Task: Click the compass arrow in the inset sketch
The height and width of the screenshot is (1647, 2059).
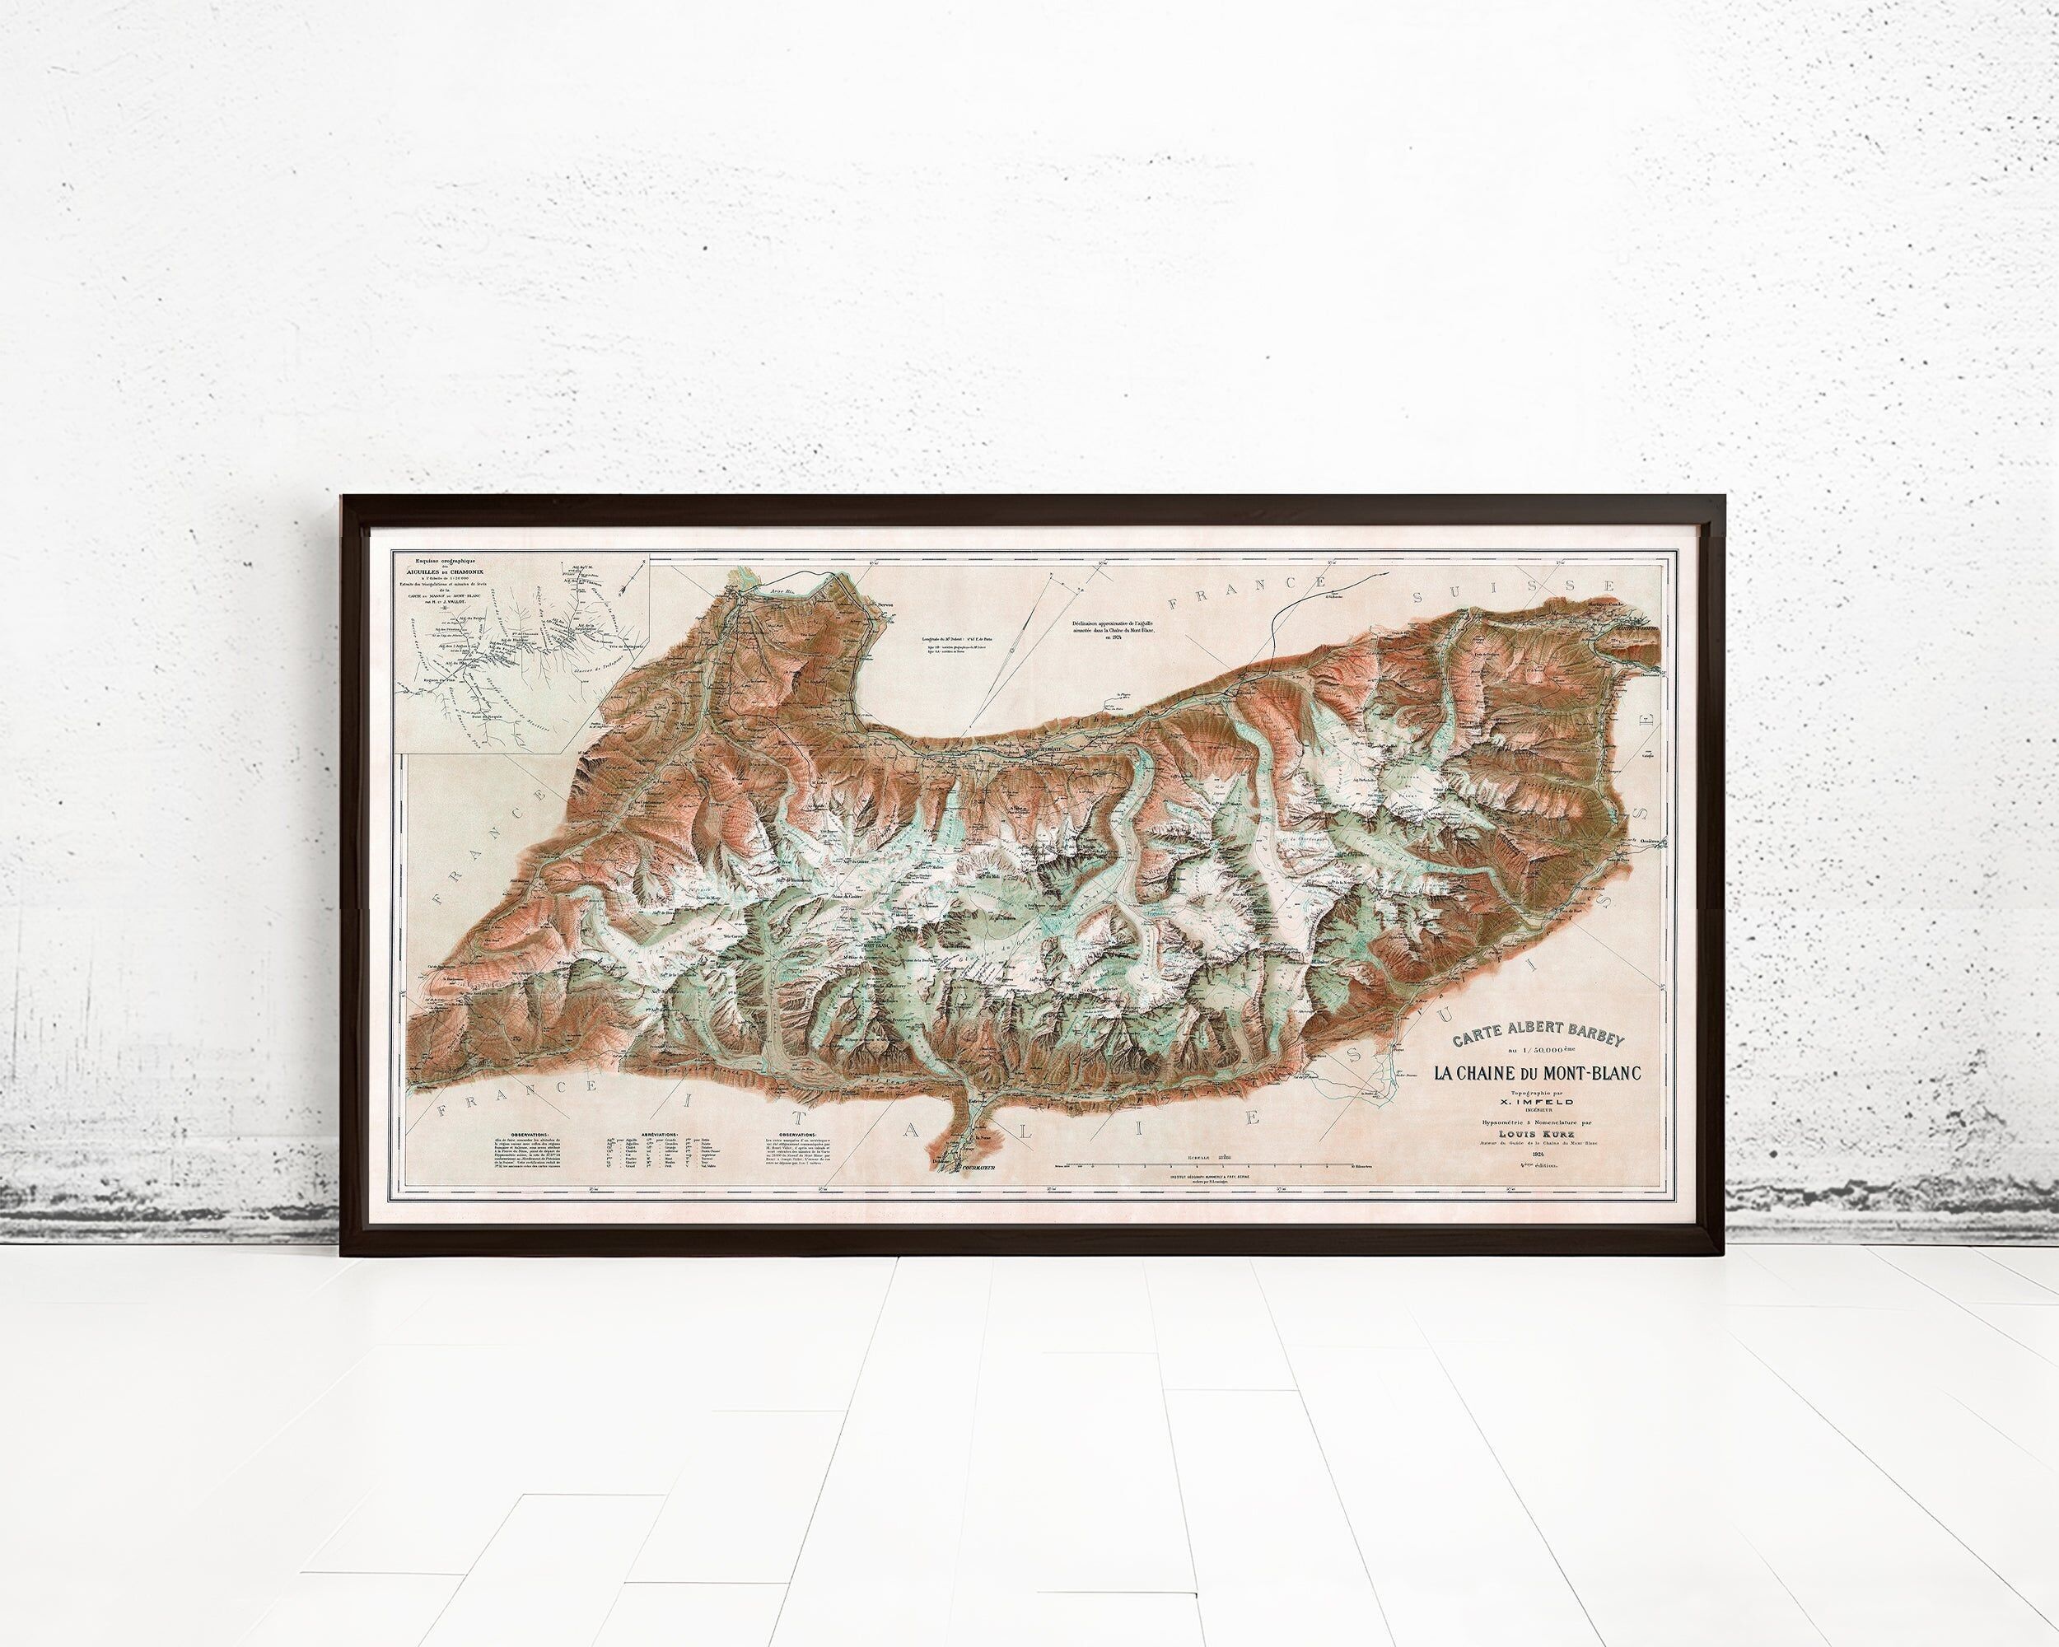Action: pos(637,581)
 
